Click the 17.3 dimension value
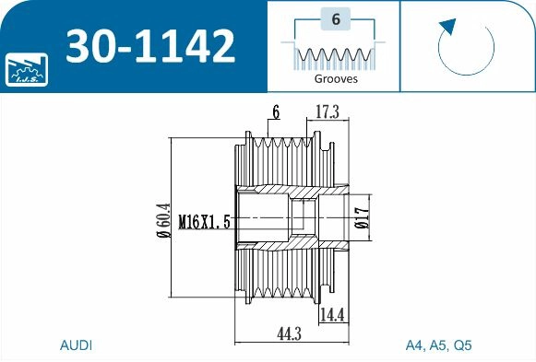328,112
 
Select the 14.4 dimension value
332,316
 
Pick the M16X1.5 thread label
203,221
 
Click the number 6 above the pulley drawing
275,112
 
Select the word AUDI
76,346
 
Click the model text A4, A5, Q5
438,346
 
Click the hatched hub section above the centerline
277,195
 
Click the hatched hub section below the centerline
277,241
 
